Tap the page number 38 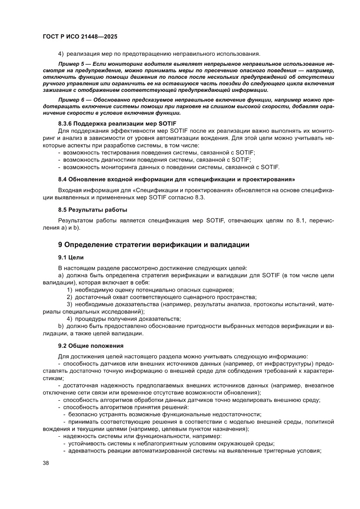[46, 463]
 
